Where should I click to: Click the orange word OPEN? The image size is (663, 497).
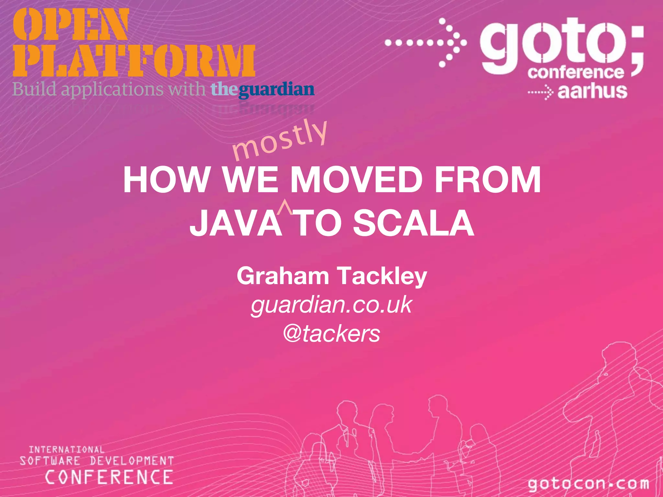[x=71, y=25]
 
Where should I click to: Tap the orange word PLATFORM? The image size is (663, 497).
[x=134, y=61]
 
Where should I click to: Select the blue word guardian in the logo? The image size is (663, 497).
[x=276, y=90]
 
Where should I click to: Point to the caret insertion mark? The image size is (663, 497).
[x=285, y=207]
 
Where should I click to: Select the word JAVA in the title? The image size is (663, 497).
[x=236, y=223]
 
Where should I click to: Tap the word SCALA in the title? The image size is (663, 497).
[x=413, y=223]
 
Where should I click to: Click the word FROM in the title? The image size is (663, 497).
[x=488, y=180]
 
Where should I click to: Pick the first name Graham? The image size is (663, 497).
[x=283, y=276]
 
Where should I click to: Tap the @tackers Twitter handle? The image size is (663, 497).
[x=331, y=334]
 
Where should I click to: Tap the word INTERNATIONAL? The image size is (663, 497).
[x=67, y=449]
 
